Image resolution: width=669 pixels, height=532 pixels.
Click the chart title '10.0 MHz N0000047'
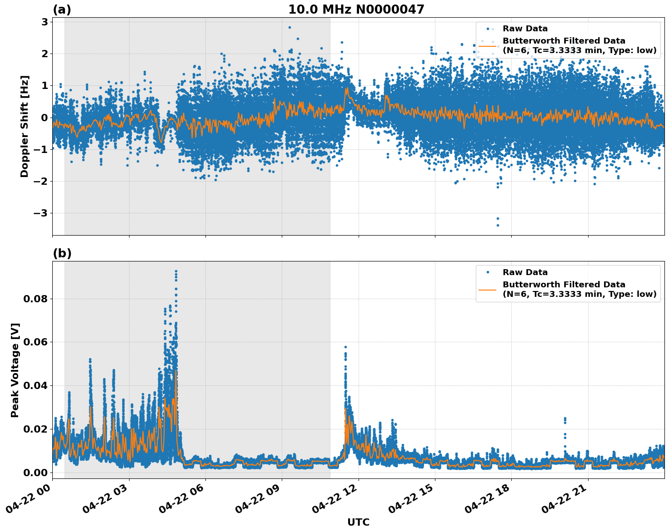[x=356, y=10]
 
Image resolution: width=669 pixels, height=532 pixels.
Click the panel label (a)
[x=62, y=10]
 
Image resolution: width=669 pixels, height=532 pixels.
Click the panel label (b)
[x=62, y=253]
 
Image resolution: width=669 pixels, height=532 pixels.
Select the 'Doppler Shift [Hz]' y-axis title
[x=25, y=126]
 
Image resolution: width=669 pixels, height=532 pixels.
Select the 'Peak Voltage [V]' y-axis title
[x=15, y=370]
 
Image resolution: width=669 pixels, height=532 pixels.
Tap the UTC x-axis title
[x=358, y=522]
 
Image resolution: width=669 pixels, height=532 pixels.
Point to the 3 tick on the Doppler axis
[x=45, y=22]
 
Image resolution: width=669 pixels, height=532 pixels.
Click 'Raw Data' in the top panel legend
[x=525, y=29]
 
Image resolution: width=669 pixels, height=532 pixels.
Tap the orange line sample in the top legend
[x=488, y=45]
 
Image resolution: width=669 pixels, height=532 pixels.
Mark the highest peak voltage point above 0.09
[x=176, y=271]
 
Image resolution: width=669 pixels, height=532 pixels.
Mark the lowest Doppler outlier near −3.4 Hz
[x=497, y=225]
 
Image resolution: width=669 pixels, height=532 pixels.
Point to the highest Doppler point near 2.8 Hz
[x=290, y=27]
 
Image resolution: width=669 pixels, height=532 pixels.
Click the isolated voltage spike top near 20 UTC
[x=565, y=418]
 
